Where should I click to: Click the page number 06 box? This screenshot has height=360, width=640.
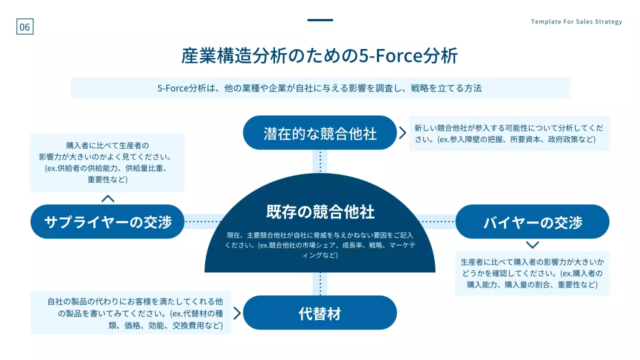(24, 27)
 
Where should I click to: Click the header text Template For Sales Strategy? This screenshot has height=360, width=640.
(576, 21)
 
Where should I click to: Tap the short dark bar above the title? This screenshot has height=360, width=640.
(320, 20)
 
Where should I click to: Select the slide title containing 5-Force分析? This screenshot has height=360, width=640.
(319, 56)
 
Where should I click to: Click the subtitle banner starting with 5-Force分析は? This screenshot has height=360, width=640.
(320, 88)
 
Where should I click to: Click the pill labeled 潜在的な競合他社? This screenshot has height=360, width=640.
(320, 133)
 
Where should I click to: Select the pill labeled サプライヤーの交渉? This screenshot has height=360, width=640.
(107, 221)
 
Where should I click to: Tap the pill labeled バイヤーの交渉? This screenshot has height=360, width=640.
(532, 221)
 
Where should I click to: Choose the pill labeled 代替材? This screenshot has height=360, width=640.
(320, 313)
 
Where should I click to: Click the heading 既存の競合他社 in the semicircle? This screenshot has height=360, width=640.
(320, 211)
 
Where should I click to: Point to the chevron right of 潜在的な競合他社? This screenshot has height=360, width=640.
(402, 132)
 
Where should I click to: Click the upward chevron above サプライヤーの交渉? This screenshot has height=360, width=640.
(107, 198)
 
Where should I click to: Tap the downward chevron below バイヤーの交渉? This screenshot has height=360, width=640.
(532, 245)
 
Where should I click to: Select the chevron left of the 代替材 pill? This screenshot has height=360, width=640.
(237, 313)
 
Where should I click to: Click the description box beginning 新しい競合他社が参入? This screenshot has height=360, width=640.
(509, 133)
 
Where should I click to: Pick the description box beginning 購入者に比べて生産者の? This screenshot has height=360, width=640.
(107, 162)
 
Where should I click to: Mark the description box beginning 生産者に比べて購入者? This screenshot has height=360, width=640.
(532, 273)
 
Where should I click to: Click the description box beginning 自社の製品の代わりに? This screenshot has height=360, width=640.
(131, 313)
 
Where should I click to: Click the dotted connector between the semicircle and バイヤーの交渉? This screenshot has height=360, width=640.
(436, 221)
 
